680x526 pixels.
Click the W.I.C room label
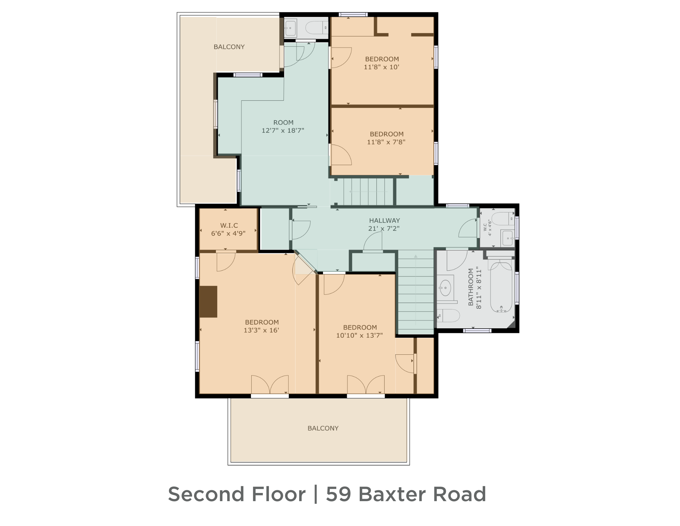[x=229, y=225]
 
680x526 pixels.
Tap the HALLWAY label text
[x=384, y=221]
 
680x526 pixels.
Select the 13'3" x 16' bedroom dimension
[x=261, y=330]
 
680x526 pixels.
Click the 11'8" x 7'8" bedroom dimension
[x=386, y=142]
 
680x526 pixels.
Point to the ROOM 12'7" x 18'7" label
[x=283, y=126]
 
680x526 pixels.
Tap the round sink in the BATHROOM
[x=445, y=288]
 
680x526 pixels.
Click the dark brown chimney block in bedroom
[x=208, y=302]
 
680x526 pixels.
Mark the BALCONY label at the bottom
[x=323, y=428]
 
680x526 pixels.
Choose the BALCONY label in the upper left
[x=229, y=47]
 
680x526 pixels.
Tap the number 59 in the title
[x=338, y=494]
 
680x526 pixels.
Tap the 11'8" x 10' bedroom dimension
[x=381, y=67]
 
